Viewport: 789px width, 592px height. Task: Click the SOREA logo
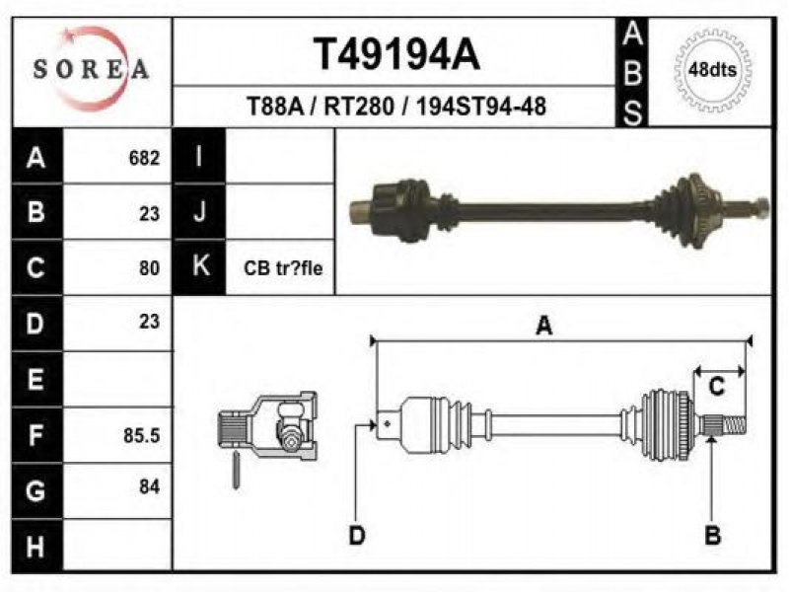(x=91, y=69)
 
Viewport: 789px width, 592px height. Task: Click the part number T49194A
(x=396, y=54)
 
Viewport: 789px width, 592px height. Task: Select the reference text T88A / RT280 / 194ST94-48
(x=396, y=107)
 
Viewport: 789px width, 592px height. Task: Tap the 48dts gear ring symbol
(x=712, y=70)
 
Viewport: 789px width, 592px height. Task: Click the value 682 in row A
(x=144, y=158)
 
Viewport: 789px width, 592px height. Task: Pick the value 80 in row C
(x=149, y=267)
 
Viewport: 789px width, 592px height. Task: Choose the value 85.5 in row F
(x=141, y=435)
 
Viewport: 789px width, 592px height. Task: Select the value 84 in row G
(x=149, y=486)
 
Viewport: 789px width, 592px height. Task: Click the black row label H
(x=36, y=546)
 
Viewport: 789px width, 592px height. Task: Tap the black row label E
(x=36, y=379)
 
